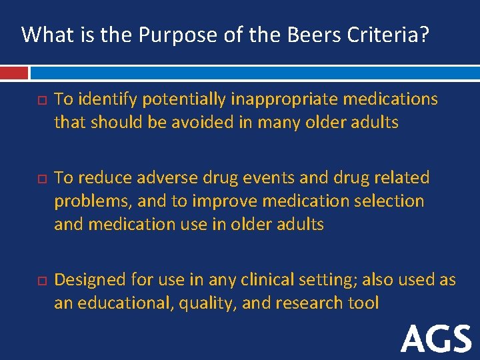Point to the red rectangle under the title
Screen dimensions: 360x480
click(14, 72)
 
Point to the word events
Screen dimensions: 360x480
click(259, 178)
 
